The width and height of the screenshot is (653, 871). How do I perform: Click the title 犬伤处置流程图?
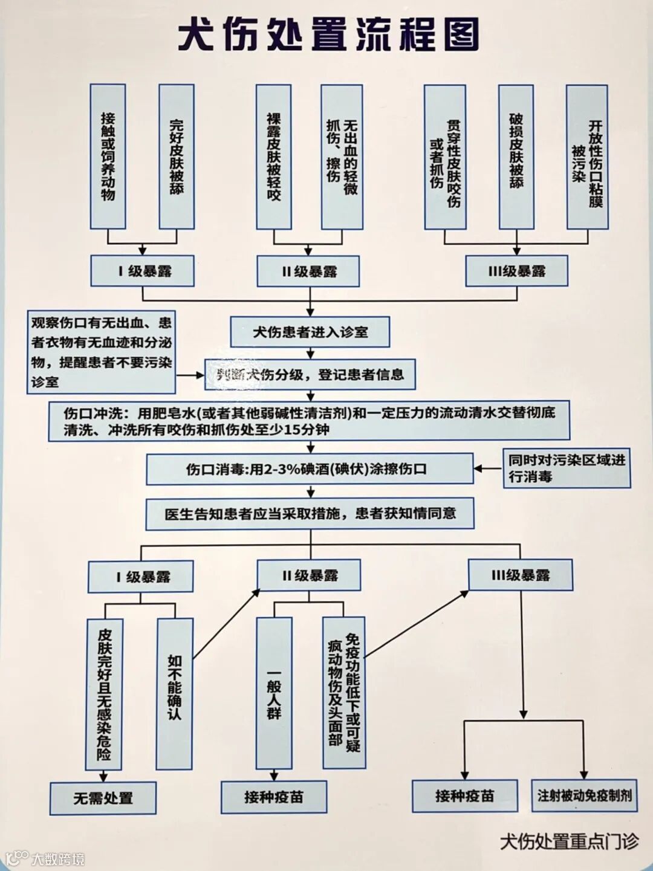coord(328,35)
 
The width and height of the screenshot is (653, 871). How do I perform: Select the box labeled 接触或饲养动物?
coord(108,157)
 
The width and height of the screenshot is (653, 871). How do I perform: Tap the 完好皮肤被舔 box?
coord(176,157)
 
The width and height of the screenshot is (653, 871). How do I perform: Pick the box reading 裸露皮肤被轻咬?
coord(273,157)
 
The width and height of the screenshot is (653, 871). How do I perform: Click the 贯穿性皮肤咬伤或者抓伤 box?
coord(445,157)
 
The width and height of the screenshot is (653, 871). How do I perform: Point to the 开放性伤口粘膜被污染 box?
coord(586,157)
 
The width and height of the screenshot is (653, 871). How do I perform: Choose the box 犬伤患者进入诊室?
coord(310,332)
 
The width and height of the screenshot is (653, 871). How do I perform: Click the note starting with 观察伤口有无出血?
coord(101,352)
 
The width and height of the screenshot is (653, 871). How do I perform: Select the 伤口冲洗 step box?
coord(309,421)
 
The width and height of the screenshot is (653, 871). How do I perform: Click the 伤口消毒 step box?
coord(309,469)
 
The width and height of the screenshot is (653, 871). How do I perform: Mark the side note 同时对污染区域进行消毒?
coord(567,468)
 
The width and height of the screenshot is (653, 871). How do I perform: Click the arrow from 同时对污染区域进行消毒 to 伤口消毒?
coord(488,468)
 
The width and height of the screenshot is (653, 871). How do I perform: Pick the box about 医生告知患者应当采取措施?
coord(310,514)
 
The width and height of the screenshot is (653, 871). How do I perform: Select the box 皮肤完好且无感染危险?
coord(104,694)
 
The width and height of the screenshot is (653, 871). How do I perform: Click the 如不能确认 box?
coord(174,694)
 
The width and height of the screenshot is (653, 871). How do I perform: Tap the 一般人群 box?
coord(274,694)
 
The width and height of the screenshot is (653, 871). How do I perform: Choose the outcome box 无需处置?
coord(103,798)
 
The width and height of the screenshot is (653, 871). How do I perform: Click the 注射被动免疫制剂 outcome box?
coord(584,795)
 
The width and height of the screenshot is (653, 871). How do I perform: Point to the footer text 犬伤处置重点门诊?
coord(568,841)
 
